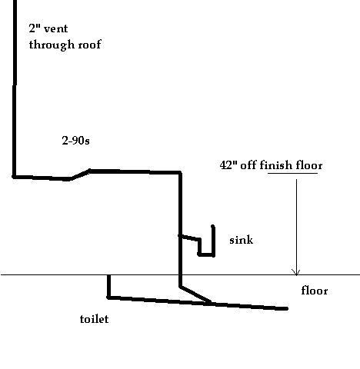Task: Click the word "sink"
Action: point(241,240)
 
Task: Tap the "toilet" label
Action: point(94,319)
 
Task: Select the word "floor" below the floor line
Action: point(315,291)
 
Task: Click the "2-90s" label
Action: point(75,141)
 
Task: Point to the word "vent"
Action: point(56,28)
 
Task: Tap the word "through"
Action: point(52,45)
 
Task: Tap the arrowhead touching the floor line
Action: point(296,272)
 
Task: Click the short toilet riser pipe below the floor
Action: point(109,286)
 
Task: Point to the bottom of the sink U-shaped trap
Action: point(206,254)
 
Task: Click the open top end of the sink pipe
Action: point(213,226)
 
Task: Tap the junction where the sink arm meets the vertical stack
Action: point(181,235)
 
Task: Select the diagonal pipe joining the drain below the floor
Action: point(195,294)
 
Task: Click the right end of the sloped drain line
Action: point(286,309)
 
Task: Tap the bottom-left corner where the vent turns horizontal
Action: point(15,176)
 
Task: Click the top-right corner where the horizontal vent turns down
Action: point(180,172)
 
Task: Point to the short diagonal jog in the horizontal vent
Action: point(80,175)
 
